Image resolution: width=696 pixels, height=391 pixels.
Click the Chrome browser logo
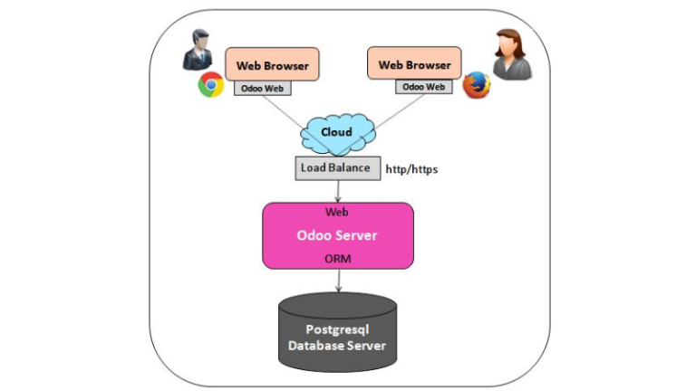click(211, 86)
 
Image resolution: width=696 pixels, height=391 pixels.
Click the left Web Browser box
click(272, 65)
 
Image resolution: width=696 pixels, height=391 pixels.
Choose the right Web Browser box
click(414, 64)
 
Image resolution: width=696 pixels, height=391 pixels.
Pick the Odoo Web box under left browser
click(264, 88)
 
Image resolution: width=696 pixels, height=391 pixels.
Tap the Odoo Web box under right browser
click(422, 87)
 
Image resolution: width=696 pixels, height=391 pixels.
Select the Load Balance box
click(336, 167)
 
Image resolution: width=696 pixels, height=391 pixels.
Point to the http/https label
click(412, 168)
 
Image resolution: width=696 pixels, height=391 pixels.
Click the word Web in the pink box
click(337, 214)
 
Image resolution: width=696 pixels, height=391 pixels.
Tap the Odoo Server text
click(337, 235)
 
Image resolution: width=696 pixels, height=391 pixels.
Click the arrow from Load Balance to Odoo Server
click(338, 190)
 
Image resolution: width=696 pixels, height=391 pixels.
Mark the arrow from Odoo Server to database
click(338, 281)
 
